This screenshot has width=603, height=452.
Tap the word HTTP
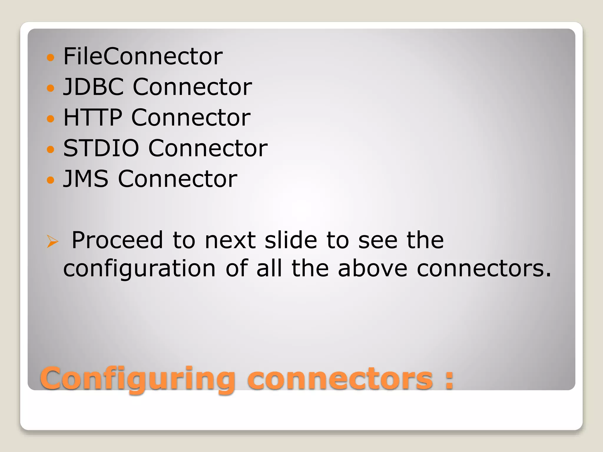pos(92,117)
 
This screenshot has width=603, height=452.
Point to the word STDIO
pos(101,148)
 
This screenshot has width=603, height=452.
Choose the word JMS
pos(86,179)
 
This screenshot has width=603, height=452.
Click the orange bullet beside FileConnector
pos(51,57)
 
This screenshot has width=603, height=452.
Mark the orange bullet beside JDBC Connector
pos(51,88)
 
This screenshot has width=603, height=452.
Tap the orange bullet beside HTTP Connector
pos(51,118)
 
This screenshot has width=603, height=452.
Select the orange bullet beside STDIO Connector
pos(51,149)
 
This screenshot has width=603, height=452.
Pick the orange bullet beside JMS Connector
pos(51,180)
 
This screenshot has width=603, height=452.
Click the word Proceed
pos(117,240)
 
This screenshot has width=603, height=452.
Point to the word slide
pos(291,240)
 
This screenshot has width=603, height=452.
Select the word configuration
pos(140,269)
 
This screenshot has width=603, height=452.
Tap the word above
pos(372,269)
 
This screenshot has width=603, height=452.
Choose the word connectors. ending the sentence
pos(484,269)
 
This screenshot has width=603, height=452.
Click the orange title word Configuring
pos(138,379)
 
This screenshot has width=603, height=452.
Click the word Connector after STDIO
pos(208,148)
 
